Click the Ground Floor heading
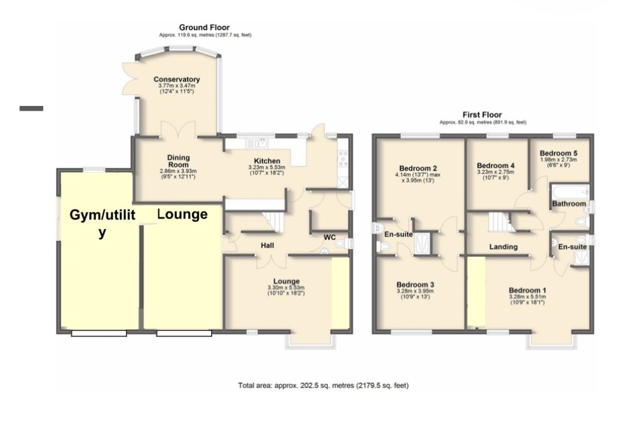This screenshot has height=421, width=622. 204,27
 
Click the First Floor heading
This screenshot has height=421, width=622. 482,114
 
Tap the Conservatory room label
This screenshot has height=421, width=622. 177,79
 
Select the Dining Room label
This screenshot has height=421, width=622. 178,161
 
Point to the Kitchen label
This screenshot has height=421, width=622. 267,161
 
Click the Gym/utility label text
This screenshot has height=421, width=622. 102,223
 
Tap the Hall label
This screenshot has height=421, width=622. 267,246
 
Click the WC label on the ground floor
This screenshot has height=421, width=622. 330,238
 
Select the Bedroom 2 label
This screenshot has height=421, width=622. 418,168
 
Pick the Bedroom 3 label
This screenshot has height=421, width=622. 415,285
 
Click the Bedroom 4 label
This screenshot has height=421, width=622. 496,165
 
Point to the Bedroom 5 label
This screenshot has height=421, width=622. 559,153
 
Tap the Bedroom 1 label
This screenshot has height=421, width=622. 528,290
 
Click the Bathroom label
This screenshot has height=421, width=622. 569,203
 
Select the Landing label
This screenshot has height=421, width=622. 503,247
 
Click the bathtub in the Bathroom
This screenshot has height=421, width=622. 570,192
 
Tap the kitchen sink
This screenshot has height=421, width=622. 258,143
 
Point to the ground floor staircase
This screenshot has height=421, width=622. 274,221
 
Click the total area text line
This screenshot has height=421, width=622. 323,385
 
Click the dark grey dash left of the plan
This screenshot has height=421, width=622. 31,108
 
